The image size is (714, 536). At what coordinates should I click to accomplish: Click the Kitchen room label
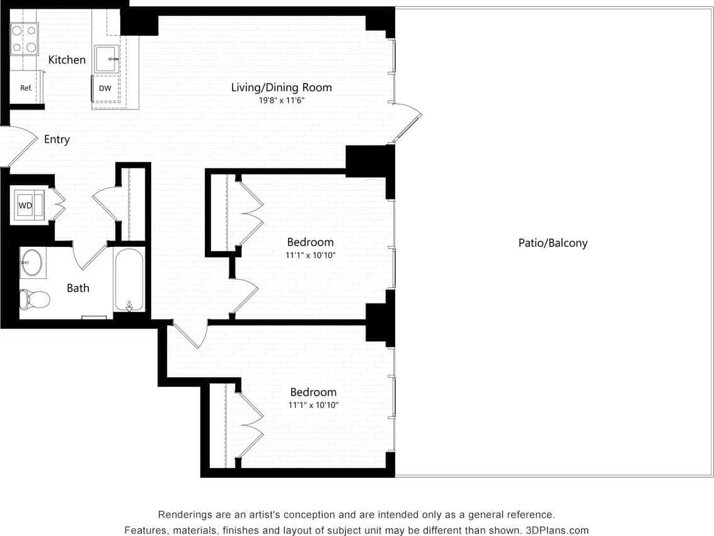(x=67, y=60)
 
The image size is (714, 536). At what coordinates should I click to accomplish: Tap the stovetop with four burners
(x=24, y=39)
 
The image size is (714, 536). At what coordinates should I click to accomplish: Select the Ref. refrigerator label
(x=26, y=88)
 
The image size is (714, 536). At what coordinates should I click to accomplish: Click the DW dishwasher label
(x=105, y=88)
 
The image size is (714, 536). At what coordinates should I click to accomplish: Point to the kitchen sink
(x=106, y=59)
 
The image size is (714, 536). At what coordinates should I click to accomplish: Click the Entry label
(x=57, y=140)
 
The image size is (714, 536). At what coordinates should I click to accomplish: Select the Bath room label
(x=78, y=288)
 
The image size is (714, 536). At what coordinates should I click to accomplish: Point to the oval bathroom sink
(x=32, y=262)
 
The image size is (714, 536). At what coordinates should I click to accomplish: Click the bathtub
(x=129, y=278)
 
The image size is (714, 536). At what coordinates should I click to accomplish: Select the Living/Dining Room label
(x=281, y=88)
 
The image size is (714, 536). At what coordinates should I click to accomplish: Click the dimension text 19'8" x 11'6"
(x=282, y=100)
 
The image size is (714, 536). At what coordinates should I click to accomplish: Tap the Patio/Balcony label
(x=553, y=243)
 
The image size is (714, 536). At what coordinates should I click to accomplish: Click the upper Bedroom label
(x=310, y=242)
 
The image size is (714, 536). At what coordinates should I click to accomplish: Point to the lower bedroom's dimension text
(x=313, y=405)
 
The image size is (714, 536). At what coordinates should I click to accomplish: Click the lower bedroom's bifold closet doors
(x=250, y=425)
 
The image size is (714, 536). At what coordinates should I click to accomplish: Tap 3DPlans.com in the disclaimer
(x=557, y=530)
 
